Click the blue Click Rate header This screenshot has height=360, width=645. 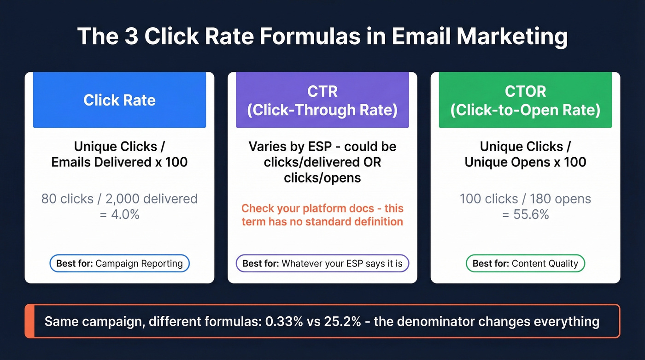(x=119, y=100)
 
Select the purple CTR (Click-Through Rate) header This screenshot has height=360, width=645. (x=322, y=100)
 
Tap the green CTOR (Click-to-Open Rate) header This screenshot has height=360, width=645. (x=525, y=100)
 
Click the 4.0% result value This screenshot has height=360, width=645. (x=119, y=214)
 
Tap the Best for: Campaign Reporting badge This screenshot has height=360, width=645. (x=119, y=264)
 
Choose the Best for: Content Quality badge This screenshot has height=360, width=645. (x=525, y=264)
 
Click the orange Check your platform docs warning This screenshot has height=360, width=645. (x=322, y=215)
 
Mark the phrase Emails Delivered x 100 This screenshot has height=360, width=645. (x=119, y=162)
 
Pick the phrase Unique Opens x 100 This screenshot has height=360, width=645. (x=525, y=162)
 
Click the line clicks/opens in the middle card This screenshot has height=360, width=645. (x=322, y=177)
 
